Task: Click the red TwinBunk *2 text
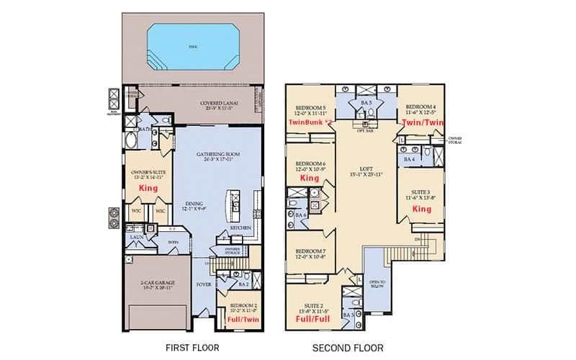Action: point(310,123)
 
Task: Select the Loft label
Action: point(358,170)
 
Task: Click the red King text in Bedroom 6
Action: point(310,177)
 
